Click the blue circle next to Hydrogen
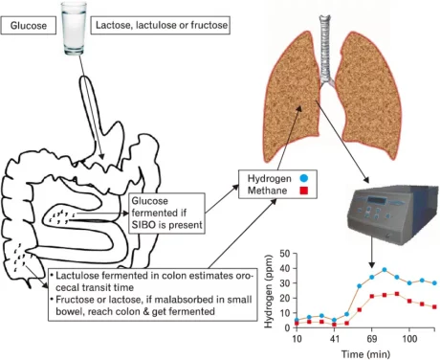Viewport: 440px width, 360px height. pos(303,179)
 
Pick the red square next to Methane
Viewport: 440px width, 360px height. pos(303,192)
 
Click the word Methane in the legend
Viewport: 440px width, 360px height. pos(269,192)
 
